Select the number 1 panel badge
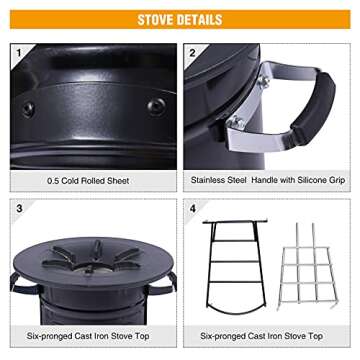(x=18, y=51)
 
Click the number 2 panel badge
(x=192, y=51)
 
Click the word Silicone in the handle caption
(x=307, y=181)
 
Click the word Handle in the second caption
(x=261, y=181)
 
